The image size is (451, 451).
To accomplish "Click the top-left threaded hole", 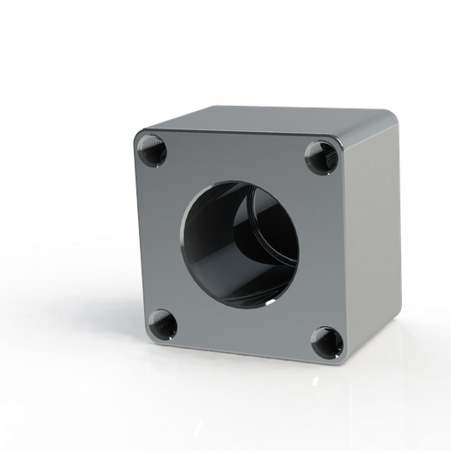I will (152, 153).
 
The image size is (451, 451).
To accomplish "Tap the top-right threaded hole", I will (322, 158).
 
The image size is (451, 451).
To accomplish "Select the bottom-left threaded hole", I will (163, 324).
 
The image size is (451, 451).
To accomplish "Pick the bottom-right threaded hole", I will (327, 341).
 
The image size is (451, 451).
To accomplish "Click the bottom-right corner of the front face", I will (346, 362).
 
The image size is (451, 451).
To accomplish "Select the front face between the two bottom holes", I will (245, 336).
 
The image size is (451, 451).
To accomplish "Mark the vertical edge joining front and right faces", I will (350, 253).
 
